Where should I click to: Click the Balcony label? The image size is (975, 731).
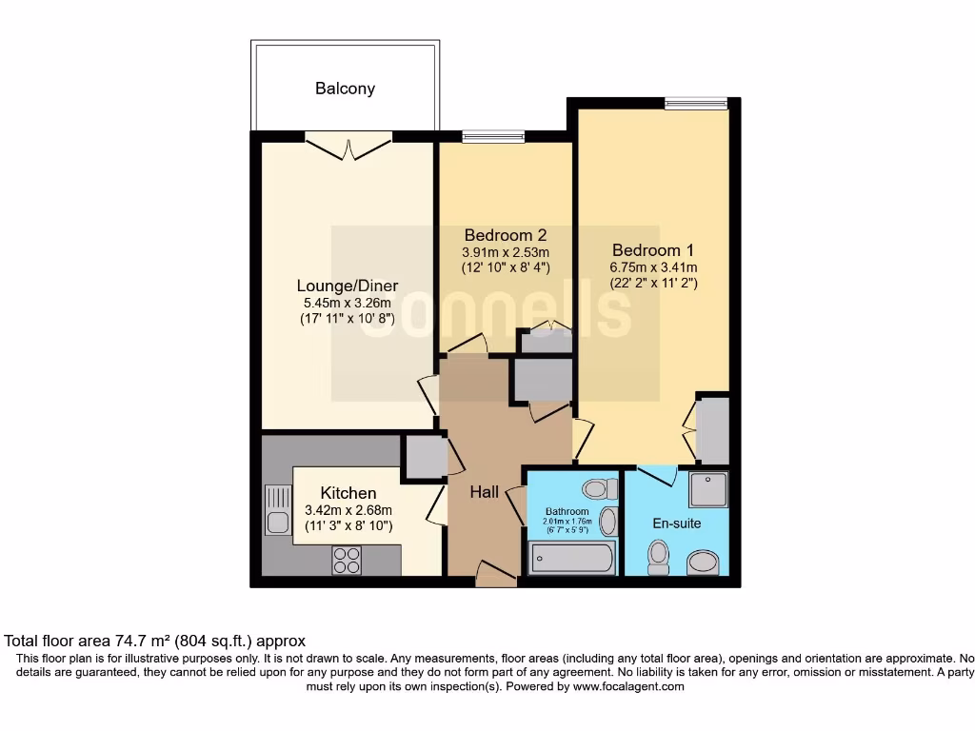[x=345, y=89]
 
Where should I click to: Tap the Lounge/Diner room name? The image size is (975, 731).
[x=347, y=286]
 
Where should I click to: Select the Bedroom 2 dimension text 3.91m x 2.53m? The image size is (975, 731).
[x=506, y=252]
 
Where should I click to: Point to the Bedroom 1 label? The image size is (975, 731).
[x=653, y=250]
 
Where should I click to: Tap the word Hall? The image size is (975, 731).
[x=484, y=492]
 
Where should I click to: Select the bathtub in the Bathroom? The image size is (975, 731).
[x=571, y=557]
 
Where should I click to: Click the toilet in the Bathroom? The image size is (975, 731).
[x=596, y=489]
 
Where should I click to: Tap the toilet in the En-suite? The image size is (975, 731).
[x=658, y=556]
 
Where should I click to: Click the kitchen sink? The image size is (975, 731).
[x=278, y=510]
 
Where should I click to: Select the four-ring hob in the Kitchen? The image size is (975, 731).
[x=347, y=560]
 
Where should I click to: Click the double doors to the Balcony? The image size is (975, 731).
[x=348, y=145]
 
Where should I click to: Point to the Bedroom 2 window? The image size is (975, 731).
[x=493, y=136]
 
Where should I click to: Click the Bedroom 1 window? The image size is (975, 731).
[x=696, y=103]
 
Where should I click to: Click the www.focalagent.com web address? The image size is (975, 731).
[x=627, y=686]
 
